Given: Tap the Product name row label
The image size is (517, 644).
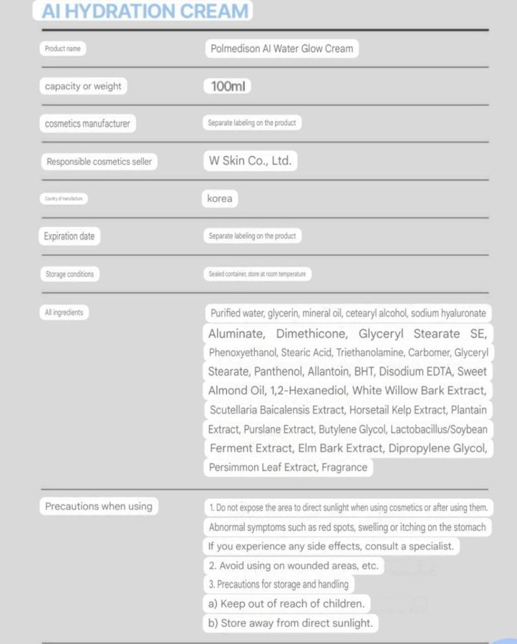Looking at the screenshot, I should [x=63, y=48].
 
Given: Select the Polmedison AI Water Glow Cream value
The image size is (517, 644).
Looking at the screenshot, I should [x=282, y=48].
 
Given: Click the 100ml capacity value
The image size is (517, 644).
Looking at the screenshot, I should [x=227, y=86].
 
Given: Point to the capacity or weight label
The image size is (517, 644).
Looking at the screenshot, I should [x=83, y=86].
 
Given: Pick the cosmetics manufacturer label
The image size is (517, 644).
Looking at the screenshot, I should [x=87, y=124].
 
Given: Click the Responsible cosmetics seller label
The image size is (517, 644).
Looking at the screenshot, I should [x=99, y=162].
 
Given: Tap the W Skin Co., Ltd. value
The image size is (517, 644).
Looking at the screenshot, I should [x=250, y=161].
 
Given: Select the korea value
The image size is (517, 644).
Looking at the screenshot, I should [x=220, y=199].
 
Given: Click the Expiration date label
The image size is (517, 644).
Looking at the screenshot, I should [x=69, y=236].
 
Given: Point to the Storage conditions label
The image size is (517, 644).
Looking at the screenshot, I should [x=70, y=274].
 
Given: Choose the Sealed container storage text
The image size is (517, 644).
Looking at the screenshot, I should [x=257, y=274].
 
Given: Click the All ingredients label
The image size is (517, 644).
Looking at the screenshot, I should [x=64, y=312].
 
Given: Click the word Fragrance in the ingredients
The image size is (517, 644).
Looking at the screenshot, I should [x=344, y=467].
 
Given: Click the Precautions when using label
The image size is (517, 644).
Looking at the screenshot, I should [x=98, y=506].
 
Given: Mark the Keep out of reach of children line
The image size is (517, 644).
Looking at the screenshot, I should [x=286, y=604].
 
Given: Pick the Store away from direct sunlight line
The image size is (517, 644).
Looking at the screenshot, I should [x=290, y=623].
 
